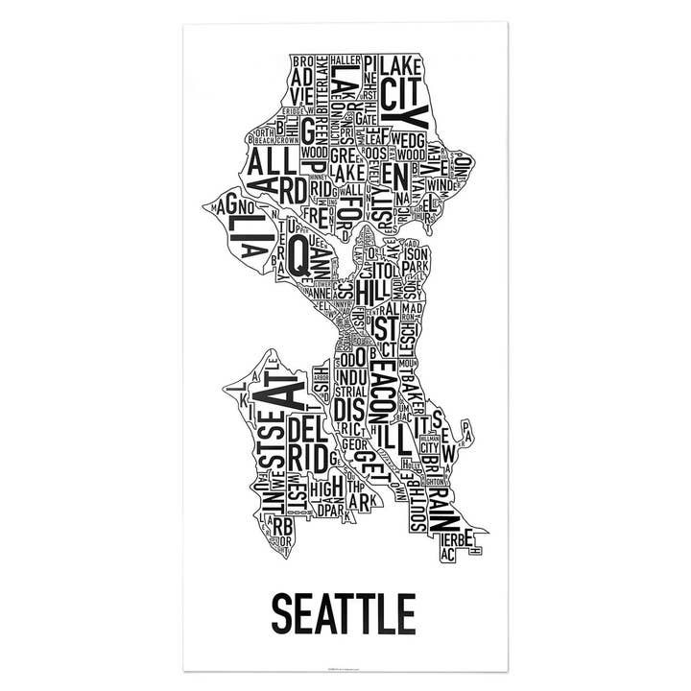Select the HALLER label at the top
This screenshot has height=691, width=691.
(x=344, y=60)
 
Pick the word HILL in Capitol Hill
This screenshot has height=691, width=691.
(x=369, y=290)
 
